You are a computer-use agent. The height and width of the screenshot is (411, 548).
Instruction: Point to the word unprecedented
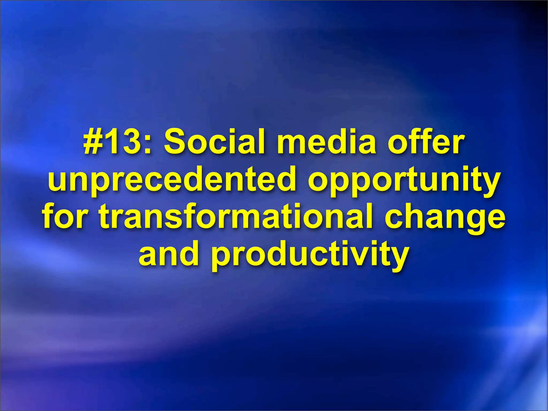coord(172,179)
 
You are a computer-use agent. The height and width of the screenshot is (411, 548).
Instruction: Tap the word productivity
coord(310,254)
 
